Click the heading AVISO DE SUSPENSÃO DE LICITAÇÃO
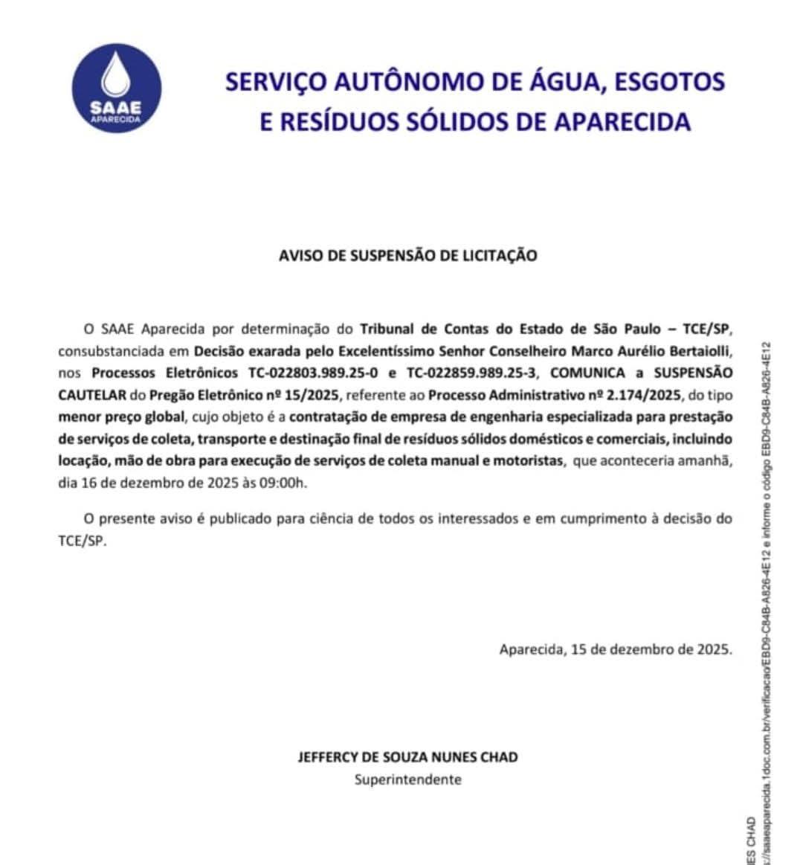(x=407, y=255)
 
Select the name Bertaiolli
(x=699, y=350)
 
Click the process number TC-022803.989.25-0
(x=312, y=372)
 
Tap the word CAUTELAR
(x=92, y=394)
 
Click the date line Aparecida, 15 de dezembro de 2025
(x=615, y=649)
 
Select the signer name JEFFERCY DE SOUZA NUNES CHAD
(x=407, y=757)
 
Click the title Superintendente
(x=407, y=779)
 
